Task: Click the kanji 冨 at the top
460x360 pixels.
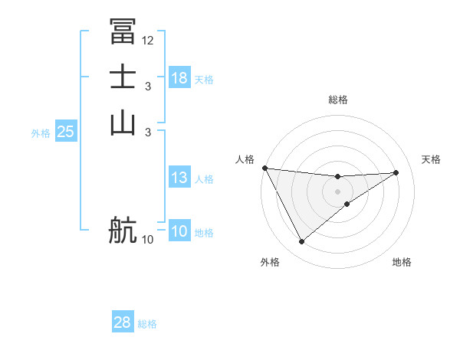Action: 123,31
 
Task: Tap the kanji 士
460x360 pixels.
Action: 123,77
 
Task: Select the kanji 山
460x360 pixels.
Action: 123,123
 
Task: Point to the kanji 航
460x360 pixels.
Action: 123,230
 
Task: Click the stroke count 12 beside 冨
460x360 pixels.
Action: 148,40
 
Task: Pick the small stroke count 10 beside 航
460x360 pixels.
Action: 148,240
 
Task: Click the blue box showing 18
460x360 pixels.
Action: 179,78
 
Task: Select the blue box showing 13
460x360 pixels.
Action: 179,178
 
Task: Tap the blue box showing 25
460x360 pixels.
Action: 65,132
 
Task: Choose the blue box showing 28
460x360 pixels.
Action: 123,322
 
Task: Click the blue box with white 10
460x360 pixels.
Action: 179,232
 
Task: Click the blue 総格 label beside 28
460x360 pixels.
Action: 147,324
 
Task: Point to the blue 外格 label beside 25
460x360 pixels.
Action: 41,133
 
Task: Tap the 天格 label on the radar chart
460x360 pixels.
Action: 431,159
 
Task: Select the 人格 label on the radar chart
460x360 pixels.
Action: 245,159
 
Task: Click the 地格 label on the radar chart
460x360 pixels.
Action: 402,262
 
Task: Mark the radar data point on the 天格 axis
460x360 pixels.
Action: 396,172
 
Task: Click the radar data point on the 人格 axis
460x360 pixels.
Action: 264,168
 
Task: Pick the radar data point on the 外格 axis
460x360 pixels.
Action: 301,242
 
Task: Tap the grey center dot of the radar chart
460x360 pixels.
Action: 337,191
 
